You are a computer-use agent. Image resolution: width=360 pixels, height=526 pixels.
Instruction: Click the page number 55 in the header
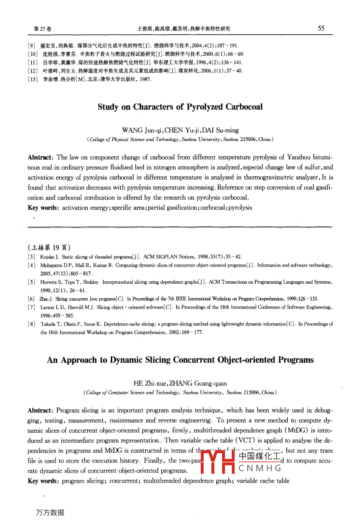321,28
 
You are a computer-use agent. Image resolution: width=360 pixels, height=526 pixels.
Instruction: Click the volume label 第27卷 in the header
43,29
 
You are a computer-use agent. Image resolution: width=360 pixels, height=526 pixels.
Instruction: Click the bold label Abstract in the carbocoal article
40,157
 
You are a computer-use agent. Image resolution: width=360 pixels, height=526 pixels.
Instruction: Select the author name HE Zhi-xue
151,384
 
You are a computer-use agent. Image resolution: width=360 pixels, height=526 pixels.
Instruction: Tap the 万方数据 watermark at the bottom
50,512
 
